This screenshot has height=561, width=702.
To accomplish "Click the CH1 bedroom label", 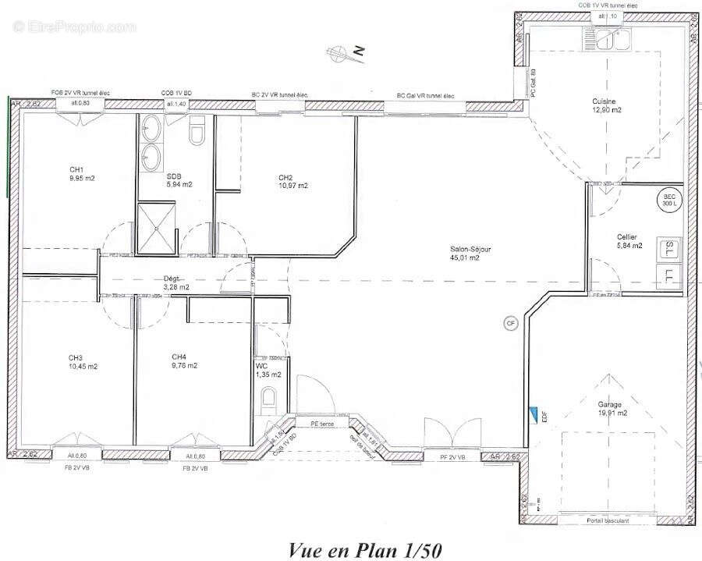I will click(82, 173).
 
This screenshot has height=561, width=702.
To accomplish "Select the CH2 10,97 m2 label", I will click(292, 181).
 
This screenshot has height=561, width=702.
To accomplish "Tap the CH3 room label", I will click(82, 362).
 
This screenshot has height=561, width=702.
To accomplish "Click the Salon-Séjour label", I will click(470, 253).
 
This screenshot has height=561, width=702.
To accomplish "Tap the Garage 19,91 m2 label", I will click(610, 409).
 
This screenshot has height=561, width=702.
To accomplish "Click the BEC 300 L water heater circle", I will click(670, 199).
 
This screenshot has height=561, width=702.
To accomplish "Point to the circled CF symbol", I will click(511, 322).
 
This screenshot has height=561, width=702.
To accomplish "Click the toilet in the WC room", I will click(269, 399).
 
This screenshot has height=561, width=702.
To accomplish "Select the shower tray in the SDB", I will click(158, 228).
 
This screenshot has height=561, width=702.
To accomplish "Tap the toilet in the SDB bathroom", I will click(197, 133).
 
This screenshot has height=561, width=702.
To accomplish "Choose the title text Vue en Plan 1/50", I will click(365, 549).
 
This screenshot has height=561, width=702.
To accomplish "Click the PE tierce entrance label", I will click(322, 424).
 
